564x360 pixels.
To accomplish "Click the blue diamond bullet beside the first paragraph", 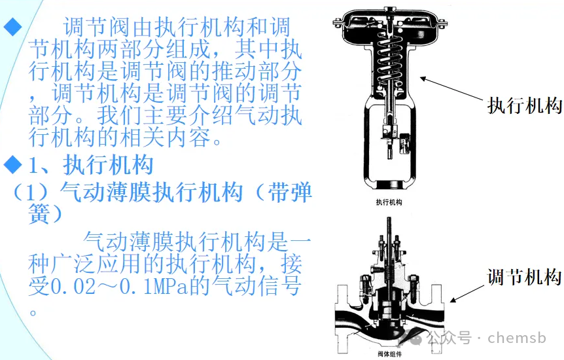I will tap(12, 28).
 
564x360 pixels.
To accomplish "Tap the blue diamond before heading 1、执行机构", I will tap(12, 164).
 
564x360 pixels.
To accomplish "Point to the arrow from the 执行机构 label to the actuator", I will tap(452, 88).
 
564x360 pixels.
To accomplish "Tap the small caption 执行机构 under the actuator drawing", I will tap(389, 202).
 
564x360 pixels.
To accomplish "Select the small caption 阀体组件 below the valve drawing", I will tap(389, 354).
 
